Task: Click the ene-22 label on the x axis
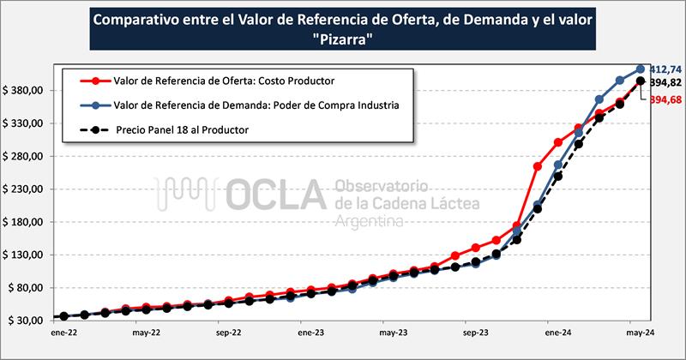coord(63,332)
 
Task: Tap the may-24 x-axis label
coord(641,332)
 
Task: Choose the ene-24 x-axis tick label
coord(557,332)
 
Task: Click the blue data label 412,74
coord(665,69)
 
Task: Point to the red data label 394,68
coord(665,100)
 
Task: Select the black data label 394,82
coord(665,83)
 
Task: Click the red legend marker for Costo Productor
coord(96,81)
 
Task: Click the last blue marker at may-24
coord(641,69)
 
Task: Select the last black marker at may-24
coord(641,81)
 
